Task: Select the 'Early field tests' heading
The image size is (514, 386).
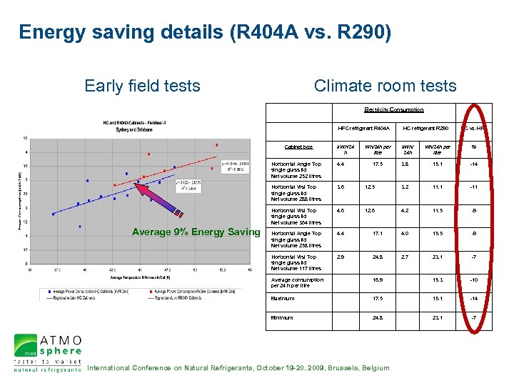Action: click(142, 86)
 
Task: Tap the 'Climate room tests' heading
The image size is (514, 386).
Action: click(385, 86)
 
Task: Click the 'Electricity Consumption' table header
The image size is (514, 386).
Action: click(393, 109)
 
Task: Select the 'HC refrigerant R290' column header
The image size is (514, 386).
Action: click(425, 128)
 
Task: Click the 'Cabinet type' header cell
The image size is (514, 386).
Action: click(298, 147)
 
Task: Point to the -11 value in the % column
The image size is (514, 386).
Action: click(472, 187)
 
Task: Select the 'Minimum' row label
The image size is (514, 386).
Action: click(283, 317)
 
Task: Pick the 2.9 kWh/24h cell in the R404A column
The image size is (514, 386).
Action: click(341, 257)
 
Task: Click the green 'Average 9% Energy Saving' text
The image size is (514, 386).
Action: click(196, 232)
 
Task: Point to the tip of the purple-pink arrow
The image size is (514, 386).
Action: click(136, 184)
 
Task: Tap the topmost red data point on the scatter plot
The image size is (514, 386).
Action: click(217, 145)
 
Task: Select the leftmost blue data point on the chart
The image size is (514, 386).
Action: click(53, 214)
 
